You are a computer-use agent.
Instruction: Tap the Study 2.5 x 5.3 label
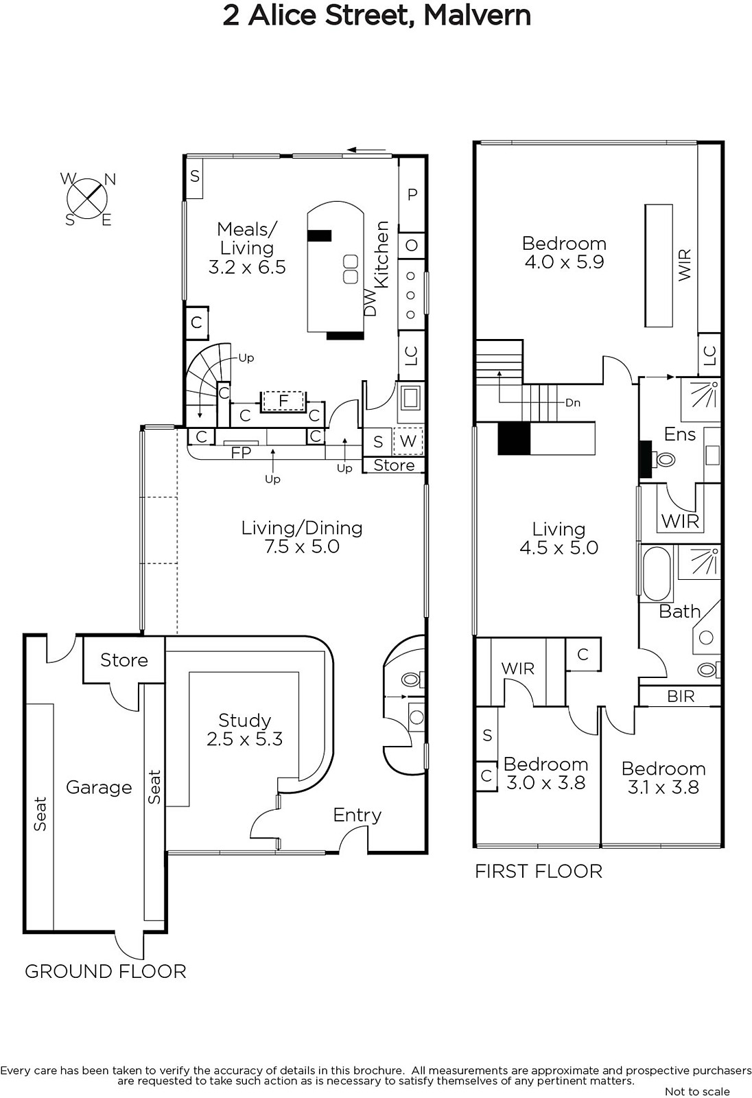point(245,729)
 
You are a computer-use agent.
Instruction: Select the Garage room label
point(99,787)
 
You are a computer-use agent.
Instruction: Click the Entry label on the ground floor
point(357,815)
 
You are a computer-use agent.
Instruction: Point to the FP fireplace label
point(242,452)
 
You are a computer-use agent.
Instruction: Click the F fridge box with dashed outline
point(283,401)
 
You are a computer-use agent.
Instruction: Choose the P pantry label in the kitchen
point(412,195)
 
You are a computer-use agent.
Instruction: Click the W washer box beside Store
point(408,441)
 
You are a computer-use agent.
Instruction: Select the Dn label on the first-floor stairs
point(573,403)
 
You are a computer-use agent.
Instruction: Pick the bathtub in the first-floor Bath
point(656,574)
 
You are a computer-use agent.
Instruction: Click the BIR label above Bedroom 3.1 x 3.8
point(681,696)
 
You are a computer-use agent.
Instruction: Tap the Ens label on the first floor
point(680,434)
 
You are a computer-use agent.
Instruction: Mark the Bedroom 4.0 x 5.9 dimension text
point(564,261)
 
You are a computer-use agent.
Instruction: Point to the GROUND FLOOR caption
point(106,972)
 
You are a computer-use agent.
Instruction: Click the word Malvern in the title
point(477,15)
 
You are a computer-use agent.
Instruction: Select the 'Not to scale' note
point(698,1092)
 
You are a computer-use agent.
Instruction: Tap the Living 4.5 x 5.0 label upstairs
point(559,538)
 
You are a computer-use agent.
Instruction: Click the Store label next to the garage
point(124,660)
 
